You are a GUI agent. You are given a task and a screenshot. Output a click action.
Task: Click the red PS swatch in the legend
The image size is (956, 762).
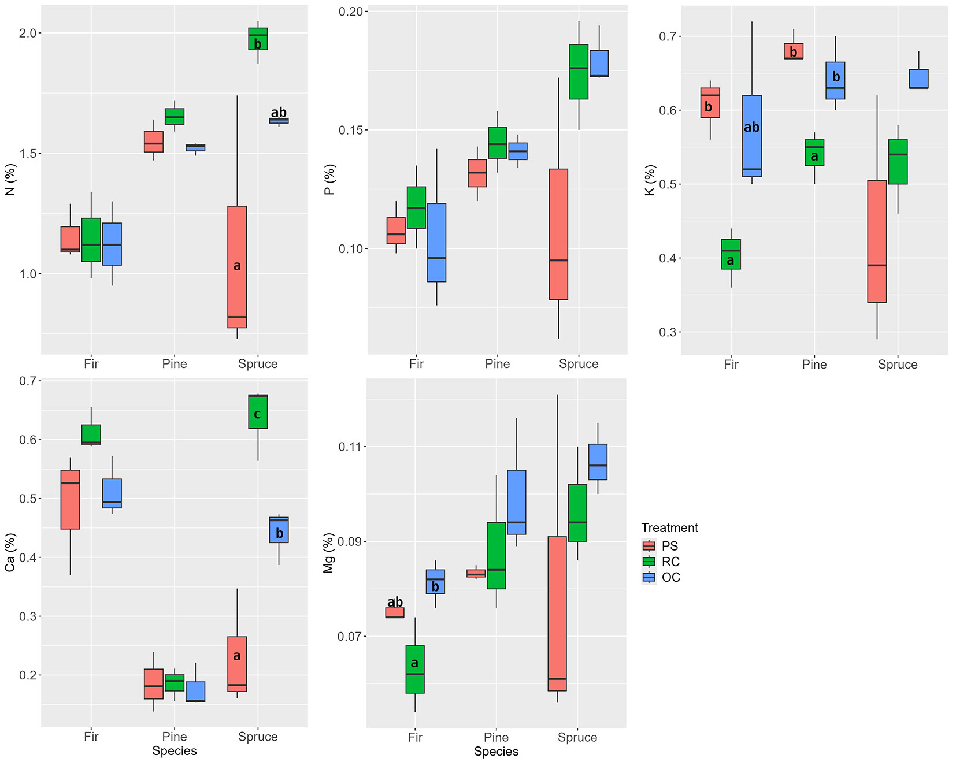point(649,546)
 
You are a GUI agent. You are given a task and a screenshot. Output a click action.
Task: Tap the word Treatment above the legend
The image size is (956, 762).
point(669,527)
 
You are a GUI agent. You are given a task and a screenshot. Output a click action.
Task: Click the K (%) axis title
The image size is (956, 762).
point(650,180)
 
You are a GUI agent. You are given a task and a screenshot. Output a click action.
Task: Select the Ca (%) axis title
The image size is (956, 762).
point(10,552)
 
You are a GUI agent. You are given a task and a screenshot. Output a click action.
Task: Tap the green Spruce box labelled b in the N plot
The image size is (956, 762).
point(258,39)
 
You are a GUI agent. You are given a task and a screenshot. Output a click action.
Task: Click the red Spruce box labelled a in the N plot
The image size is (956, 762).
point(237,267)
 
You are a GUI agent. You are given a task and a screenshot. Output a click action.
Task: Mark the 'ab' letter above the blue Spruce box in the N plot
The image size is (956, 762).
point(279,112)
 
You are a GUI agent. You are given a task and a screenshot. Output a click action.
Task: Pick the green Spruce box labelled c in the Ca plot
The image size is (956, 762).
point(258,412)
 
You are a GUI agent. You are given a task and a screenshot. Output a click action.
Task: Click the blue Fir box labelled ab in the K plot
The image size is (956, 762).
point(752,136)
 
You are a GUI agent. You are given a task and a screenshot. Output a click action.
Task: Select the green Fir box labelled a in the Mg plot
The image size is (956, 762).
point(415,669)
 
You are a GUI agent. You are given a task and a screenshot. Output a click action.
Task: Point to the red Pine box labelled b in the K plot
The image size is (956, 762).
point(794,51)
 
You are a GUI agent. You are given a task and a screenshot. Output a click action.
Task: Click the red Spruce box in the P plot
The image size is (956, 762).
point(558,234)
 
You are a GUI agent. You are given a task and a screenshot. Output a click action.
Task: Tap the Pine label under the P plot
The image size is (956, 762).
point(498,364)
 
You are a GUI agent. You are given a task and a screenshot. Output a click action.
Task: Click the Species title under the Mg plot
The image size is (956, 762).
point(496,752)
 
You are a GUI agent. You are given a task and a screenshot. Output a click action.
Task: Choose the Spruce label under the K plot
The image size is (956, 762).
point(898,365)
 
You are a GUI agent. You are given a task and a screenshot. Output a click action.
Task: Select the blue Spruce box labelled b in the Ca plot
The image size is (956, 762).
point(279,530)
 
